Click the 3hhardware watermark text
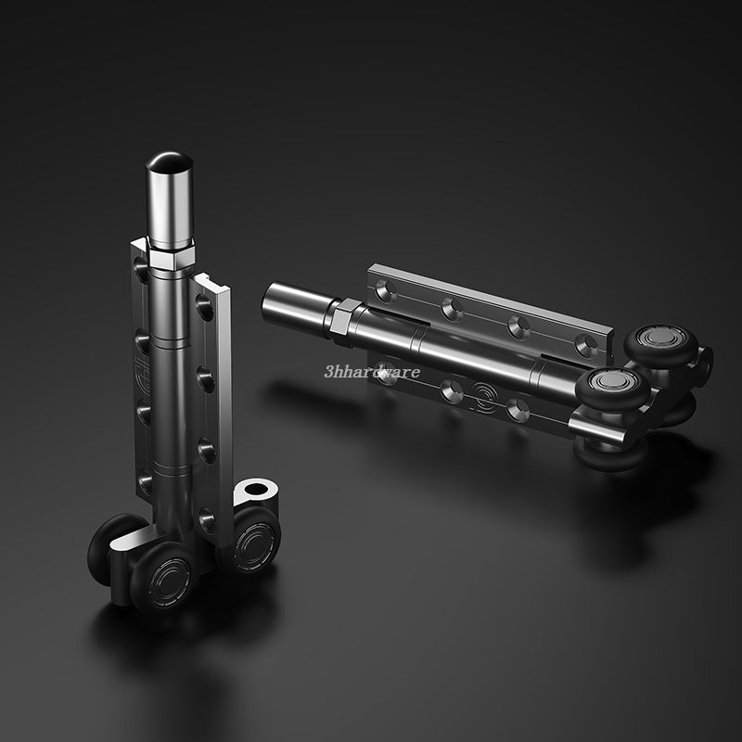pos(372,372)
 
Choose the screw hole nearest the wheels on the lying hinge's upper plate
pos(586,345)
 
